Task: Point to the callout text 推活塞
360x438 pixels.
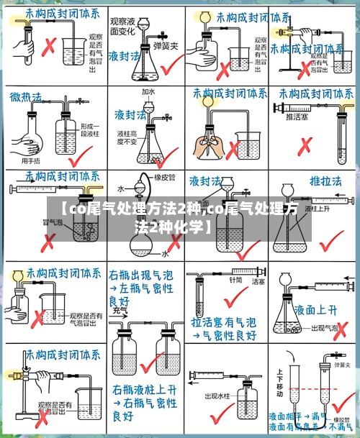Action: [297, 117]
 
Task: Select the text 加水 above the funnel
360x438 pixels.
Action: [148, 92]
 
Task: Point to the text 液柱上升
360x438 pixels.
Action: [316, 209]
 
